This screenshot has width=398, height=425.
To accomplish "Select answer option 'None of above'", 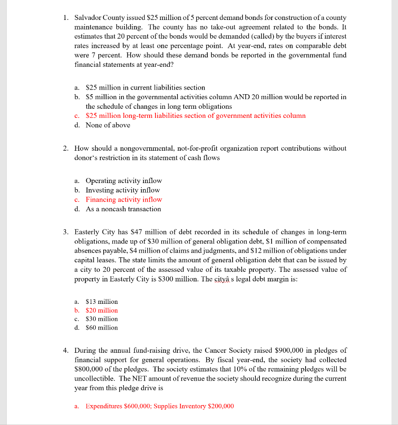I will [108, 125].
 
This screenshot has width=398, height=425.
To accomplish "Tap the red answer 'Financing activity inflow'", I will [124, 200].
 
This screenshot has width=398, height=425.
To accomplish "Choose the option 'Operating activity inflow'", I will [124, 181].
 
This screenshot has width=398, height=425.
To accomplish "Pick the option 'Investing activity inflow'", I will [122, 190].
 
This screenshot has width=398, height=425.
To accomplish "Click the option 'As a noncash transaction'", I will [123, 209].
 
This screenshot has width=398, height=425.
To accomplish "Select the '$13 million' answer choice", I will [102, 302].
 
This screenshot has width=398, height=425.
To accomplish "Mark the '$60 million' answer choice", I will [102, 328].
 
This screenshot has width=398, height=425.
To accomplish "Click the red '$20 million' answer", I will [102, 310].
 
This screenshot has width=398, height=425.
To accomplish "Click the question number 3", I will [66, 232].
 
